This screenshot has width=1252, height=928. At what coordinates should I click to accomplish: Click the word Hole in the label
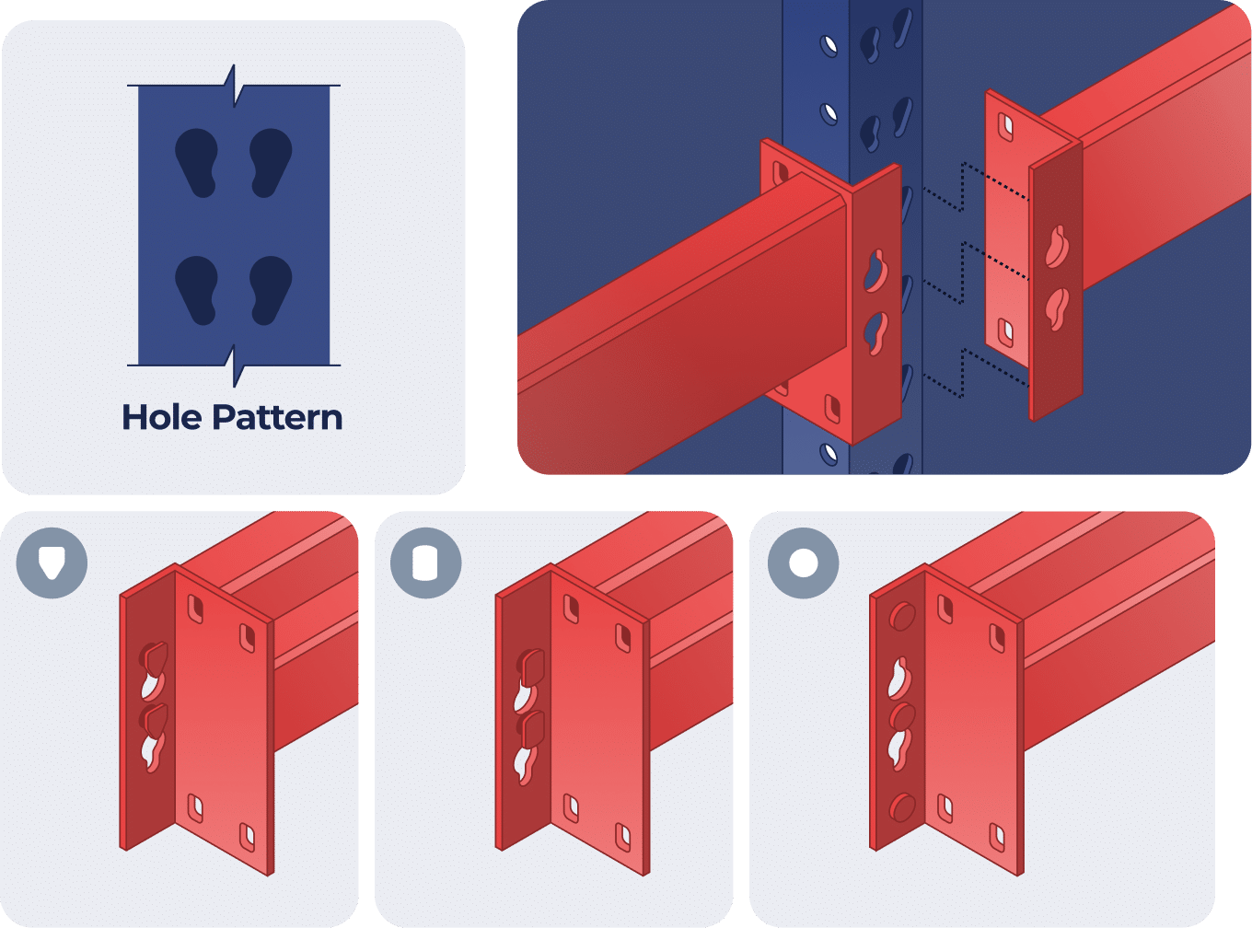[163, 418]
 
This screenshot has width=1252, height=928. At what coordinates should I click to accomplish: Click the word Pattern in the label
[277, 418]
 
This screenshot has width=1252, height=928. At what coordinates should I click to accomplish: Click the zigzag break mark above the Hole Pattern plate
[235, 86]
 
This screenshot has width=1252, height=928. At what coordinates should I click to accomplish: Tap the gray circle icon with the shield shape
[52, 562]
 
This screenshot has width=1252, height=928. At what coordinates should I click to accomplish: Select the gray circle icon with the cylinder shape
[425, 563]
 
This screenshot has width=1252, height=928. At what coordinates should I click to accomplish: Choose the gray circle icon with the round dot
[804, 563]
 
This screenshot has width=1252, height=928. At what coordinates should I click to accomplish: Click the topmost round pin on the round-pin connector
[902, 616]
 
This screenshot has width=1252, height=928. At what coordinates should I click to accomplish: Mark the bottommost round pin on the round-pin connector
[902, 807]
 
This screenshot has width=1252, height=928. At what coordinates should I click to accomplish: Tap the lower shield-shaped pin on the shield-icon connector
[154, 718]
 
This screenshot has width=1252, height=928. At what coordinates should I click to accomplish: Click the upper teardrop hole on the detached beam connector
[1057, 246]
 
